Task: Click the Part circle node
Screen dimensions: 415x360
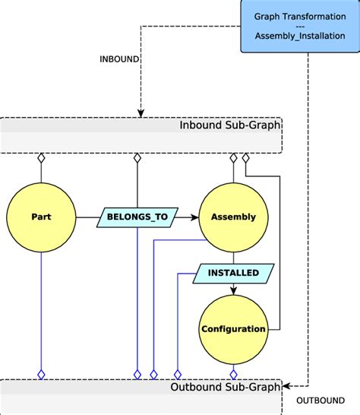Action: click(x=41, y=217)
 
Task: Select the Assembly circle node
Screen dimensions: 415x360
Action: click(x=233, y=217)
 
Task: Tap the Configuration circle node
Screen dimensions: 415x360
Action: click(x=233, y=329)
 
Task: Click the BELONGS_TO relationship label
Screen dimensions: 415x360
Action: click(x=137, y=217)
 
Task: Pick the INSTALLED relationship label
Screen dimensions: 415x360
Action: click(x=233, y=273)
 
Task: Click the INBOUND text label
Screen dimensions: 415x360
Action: click(x=119, y=59)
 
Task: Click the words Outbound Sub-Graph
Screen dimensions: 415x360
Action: click(x=226, y=386)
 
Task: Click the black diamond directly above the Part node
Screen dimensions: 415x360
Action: click(x=41, y=158)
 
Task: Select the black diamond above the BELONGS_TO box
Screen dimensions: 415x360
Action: click(x=137, y=158)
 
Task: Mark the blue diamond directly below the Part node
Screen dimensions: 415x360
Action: click(x=41, y=374)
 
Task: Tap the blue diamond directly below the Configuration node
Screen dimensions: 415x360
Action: click(x=233, y=374)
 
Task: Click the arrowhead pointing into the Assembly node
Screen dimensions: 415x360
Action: click(x=194, y=217)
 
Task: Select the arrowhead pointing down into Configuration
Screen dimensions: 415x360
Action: click(x=233, y=290)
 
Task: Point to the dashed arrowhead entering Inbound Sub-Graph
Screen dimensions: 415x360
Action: click(x=141, y=113)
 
